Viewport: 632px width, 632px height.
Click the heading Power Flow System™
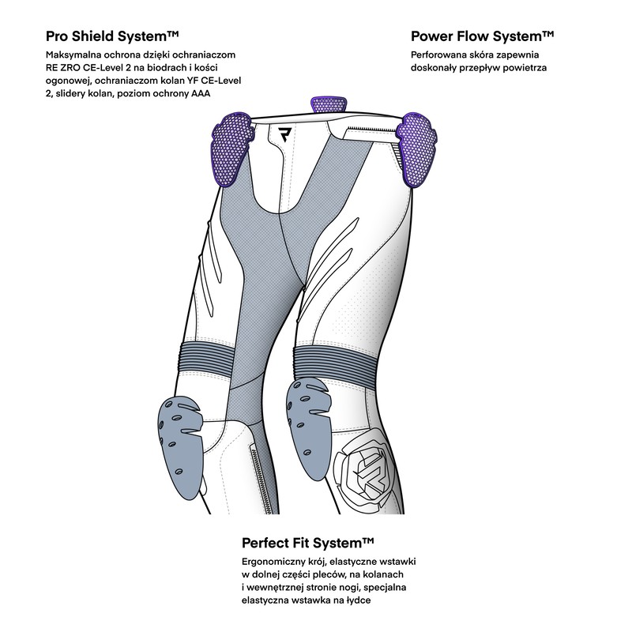[482, 36]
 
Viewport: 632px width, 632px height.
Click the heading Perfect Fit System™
[308, 544]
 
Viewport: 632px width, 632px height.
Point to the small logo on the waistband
[285, 134]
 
